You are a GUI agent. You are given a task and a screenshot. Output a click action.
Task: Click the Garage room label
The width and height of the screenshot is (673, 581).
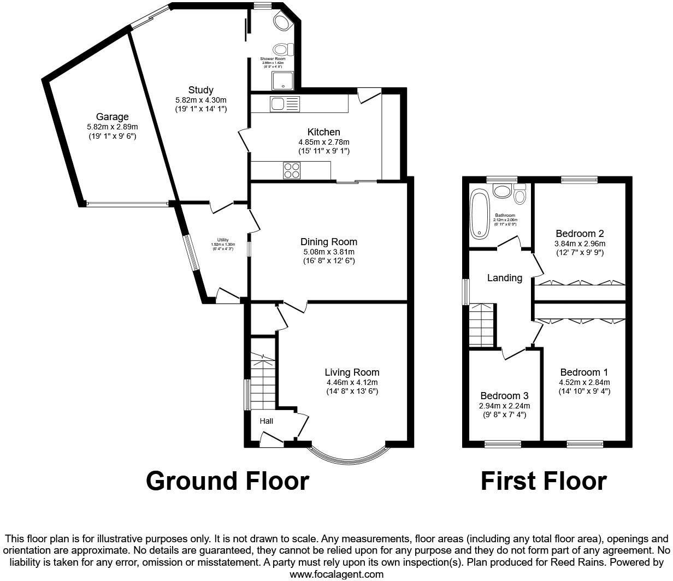[113, 117]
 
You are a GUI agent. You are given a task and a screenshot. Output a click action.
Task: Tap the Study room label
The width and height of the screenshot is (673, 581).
[200, 90]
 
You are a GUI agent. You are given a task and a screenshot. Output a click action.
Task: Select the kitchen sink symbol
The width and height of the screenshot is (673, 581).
[284, 103]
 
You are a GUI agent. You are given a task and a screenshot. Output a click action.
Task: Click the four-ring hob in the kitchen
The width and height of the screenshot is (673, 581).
[291, 171]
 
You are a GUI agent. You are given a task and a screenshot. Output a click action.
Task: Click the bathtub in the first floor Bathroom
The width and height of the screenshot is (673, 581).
[481, 214]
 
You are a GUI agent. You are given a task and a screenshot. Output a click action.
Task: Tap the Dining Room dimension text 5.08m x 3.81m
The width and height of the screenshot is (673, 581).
[329, 252]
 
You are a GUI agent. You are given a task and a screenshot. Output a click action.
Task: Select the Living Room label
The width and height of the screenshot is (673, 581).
[352, 372]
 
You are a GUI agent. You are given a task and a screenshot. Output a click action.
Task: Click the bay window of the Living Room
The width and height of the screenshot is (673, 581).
[349, 455]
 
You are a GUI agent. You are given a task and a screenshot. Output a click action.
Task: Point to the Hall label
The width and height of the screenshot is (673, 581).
[266, 421]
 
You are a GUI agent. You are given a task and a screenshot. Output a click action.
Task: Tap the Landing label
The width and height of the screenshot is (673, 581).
[504, 278]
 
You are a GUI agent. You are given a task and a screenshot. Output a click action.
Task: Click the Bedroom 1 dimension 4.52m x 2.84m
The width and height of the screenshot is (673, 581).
[584, 382]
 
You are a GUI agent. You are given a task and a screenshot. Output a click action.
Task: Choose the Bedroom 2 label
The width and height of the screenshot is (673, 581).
[580, 234]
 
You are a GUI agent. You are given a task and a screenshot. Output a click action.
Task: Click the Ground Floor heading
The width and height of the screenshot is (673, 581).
[227, 481]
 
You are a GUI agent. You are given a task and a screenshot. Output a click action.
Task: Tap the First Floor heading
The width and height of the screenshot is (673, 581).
[543, 481]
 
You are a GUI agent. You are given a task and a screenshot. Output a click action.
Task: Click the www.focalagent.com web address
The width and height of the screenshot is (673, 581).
[336, 574]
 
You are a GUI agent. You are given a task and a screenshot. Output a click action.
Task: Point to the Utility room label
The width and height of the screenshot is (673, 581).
[223, 240]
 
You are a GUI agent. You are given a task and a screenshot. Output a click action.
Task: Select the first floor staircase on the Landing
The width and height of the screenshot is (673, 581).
[481, 325]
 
